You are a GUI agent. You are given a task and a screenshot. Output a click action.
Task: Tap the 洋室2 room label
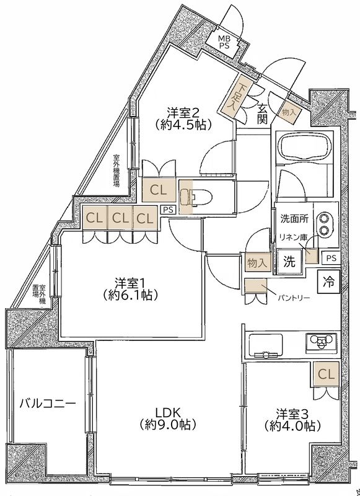pos(183,118)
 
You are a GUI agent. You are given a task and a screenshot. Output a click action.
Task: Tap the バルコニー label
pos(47,404)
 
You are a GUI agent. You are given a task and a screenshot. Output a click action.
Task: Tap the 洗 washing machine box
pos(289,261)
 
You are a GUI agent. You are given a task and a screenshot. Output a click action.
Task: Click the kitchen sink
pos(265,343)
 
